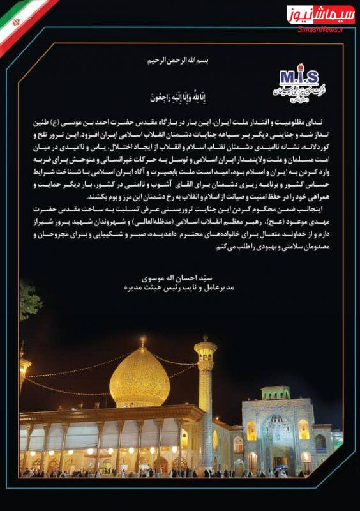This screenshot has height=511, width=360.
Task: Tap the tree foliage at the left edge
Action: [x=29, y=298]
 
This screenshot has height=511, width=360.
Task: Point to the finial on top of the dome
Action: [x=142, y=341]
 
